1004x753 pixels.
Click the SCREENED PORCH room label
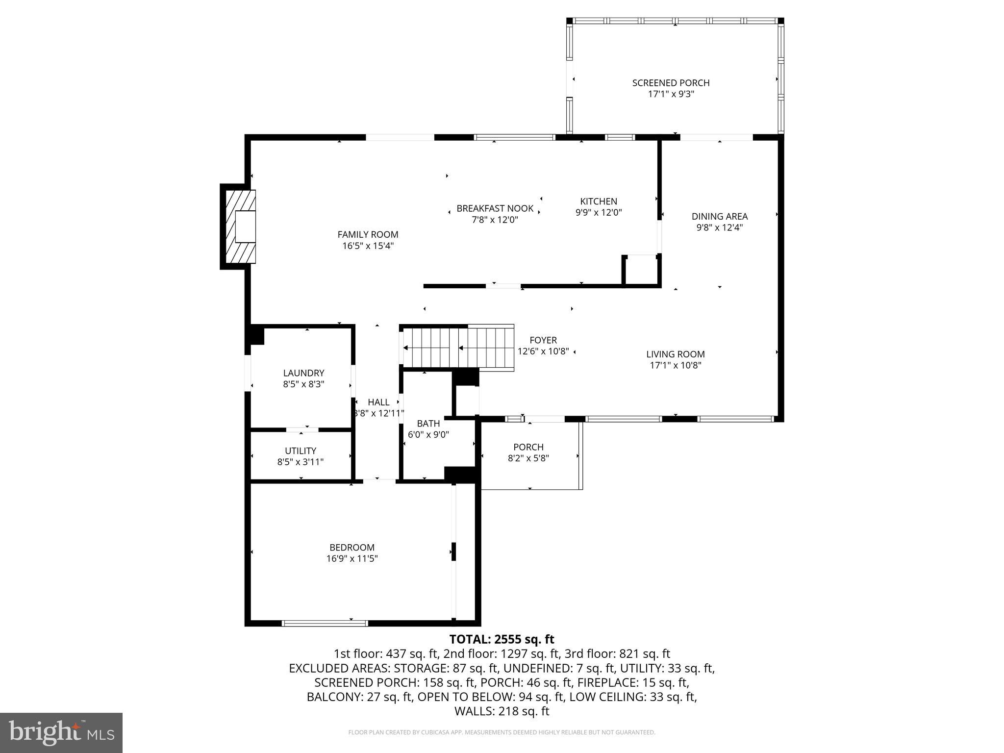(x=671, y=83)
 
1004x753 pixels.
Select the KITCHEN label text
(x=598, y=201)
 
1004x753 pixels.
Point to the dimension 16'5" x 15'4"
(x=368, y=246)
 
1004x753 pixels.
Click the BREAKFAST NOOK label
(x=495, y=208)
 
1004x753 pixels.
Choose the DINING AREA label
(x=719, y=216)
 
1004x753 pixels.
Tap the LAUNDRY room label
(x=303, y=373)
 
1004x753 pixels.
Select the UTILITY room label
(x=301, y=451)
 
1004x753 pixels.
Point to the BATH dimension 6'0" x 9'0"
(x=428, y=434)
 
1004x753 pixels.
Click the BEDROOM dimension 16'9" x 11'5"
(x=352, y=558)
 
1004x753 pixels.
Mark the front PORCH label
(x=528, y=447)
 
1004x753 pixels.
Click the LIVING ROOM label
(x=675, y=354)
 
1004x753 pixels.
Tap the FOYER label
(x=543, y=340)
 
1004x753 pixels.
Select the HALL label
(x=378, y=402)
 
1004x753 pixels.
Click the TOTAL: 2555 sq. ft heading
(x=502, y=639)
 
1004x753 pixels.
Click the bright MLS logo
(x=61, y=732)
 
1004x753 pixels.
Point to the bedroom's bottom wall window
(x=325, y=623)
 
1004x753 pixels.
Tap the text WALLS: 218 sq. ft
(x=502, y=711)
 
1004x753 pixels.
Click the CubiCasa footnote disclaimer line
(x=502, y=732)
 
